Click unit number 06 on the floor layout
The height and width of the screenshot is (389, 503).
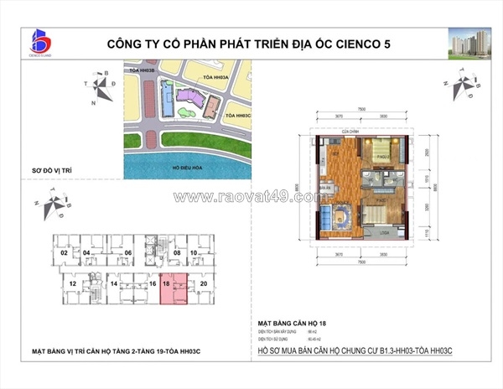click(x=128, y=252)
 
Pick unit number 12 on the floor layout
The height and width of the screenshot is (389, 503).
click(x=73, y=284)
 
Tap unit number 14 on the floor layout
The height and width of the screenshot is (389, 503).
click(x=115, y=284)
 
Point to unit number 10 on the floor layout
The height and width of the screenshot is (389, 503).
click(x=193, y=252)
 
